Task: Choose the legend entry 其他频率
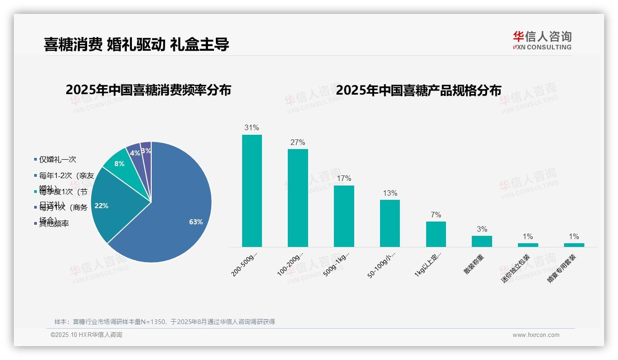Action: tap(54, 224)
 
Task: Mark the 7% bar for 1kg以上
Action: tap(436, 234)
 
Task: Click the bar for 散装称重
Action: tap(481, 241)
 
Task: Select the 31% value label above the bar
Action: tap(252, 128)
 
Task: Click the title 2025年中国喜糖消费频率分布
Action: tap(148, 90)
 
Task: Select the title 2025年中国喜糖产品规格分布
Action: tap(418, 90)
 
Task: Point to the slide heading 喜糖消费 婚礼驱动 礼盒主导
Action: tap(137, 44)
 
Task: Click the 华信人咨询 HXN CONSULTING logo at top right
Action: tap(542, 40)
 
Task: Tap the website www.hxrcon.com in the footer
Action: tap(536, 335)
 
